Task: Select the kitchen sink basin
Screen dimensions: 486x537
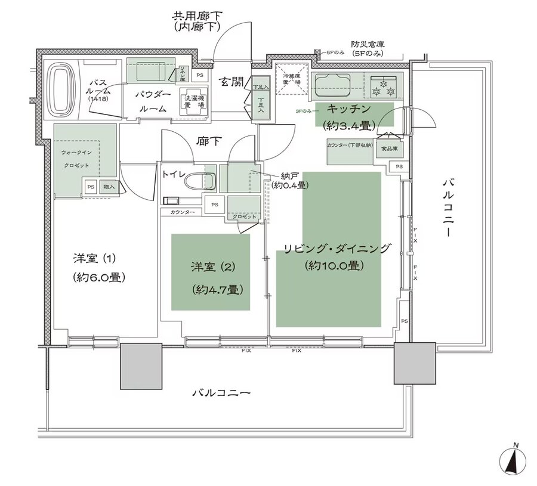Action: tap(335, 85)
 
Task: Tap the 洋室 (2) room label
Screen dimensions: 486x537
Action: tap(210, 267)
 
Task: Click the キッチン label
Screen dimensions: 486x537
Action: tap(348, 110)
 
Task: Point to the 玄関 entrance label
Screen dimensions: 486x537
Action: tap(230, 81)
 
